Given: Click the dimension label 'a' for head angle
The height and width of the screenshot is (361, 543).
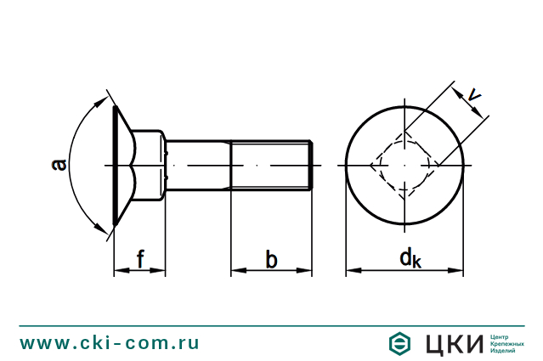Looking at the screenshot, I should click(59, 164).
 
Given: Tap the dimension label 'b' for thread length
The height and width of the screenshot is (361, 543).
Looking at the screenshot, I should click(271, 259).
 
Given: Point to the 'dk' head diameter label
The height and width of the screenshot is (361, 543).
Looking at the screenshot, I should click(409, 258).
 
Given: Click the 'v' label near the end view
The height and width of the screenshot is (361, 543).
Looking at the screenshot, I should click(476, 102).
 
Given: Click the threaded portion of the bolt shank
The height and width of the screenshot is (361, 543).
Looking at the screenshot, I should click(270, 164).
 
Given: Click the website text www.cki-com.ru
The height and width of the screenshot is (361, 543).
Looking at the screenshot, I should click(110, 342).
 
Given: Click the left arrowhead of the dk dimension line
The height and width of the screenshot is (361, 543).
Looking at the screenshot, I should click(351, 271).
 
